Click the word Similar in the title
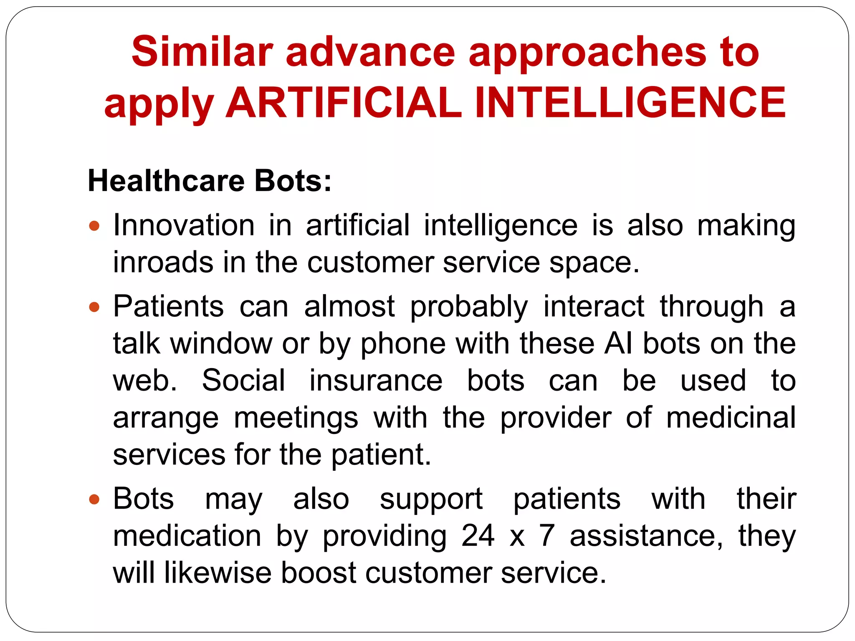coord(202,52)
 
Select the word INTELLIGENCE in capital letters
coord(630,103)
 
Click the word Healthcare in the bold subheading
coord(166,181)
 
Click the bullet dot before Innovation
coord(95,226)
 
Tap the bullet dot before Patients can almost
coord(95,307)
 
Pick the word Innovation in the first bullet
coord(184,225)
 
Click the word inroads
coord(163,262)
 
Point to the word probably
coord(469,307)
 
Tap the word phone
coord(403,344)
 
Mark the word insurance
coord(376,381)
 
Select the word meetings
coord(296,419)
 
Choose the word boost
coord(319,573)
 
